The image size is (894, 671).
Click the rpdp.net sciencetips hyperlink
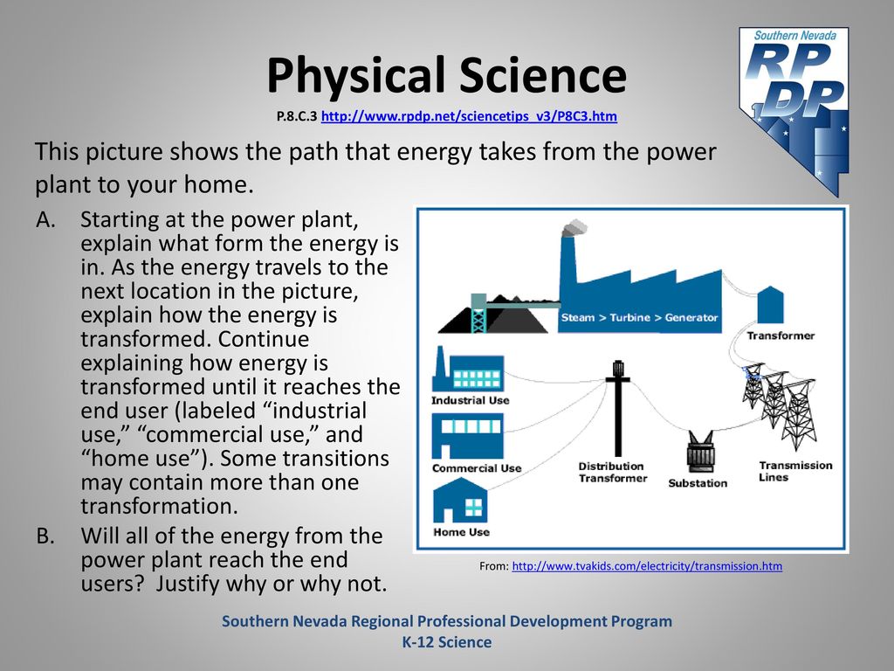point(469,116)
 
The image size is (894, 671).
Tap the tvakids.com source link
point(647,566)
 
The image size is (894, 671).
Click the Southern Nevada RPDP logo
point(794,111)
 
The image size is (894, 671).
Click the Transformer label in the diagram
point(781,335)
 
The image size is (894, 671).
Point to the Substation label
point(698,483)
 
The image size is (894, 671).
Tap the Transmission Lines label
point(795,471)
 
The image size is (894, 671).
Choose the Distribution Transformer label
point(613,473)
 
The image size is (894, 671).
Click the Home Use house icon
point(461,501)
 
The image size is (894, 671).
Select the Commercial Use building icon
point(468,436)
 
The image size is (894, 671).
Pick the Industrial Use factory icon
point(468,369)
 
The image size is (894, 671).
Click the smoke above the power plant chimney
point(574,228)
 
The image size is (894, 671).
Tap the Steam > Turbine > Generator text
point(639,318)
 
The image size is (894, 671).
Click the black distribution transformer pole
point(617,408)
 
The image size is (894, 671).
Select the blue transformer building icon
point(770,305)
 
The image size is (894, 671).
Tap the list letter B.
point(45,536)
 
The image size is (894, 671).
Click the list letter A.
point(45,219)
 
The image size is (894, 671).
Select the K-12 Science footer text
point(447,642)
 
